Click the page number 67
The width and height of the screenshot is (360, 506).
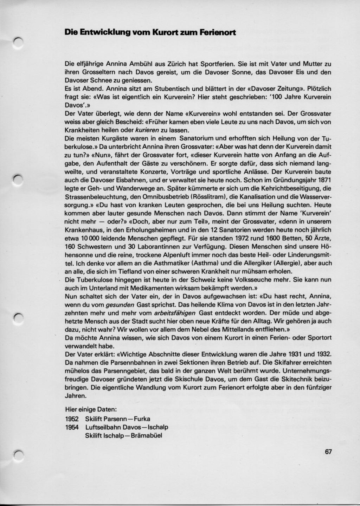point(328,452)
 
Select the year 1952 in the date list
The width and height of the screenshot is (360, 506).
point(72,419)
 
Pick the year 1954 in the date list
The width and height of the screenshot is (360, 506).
point(72,427)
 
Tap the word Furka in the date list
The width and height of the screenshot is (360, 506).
point(140,419)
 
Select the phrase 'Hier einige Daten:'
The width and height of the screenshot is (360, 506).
point(91,410)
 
